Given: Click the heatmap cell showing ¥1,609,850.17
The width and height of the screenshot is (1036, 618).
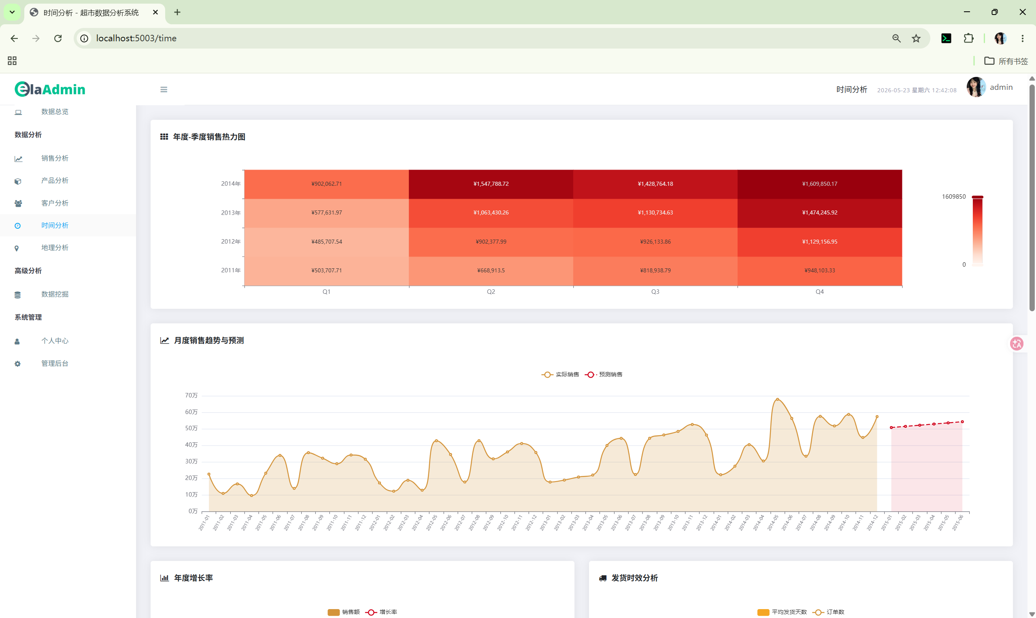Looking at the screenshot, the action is (819, 184).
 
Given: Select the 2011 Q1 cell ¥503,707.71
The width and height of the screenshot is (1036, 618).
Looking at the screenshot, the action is (327, 271).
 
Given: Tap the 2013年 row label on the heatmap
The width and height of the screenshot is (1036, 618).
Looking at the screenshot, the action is (231, 213).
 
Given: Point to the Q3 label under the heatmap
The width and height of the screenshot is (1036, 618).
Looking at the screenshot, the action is (655, 292).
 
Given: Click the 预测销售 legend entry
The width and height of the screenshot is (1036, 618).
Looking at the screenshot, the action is (604, 374).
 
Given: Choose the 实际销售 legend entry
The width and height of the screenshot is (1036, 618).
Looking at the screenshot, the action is (560, 374).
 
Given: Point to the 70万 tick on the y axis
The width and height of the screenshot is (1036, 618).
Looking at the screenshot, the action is (191, 395).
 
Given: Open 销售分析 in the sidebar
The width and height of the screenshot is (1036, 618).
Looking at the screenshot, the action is (55, 158).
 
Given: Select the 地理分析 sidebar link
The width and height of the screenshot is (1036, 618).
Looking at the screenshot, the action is (55, 248).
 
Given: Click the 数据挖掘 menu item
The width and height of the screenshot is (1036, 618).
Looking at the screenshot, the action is (55, 294).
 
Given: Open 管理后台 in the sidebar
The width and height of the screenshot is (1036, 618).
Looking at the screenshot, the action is (55, 363).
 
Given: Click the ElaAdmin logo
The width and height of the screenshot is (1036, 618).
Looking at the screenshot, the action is (50, 89).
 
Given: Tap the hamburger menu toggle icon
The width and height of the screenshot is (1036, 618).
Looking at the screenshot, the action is (164, 89).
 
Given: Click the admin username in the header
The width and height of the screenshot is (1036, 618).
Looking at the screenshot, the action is (1001, 87).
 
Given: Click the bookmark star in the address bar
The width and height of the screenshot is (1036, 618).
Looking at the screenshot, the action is (916, 38).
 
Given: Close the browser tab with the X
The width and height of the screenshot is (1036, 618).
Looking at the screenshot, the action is (155, 13).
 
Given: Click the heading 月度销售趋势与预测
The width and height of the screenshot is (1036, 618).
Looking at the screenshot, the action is (209, 340).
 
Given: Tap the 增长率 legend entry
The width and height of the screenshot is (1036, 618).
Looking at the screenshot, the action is (381, 612).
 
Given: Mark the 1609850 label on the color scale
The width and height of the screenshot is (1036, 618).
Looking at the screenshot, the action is (953, 197).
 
